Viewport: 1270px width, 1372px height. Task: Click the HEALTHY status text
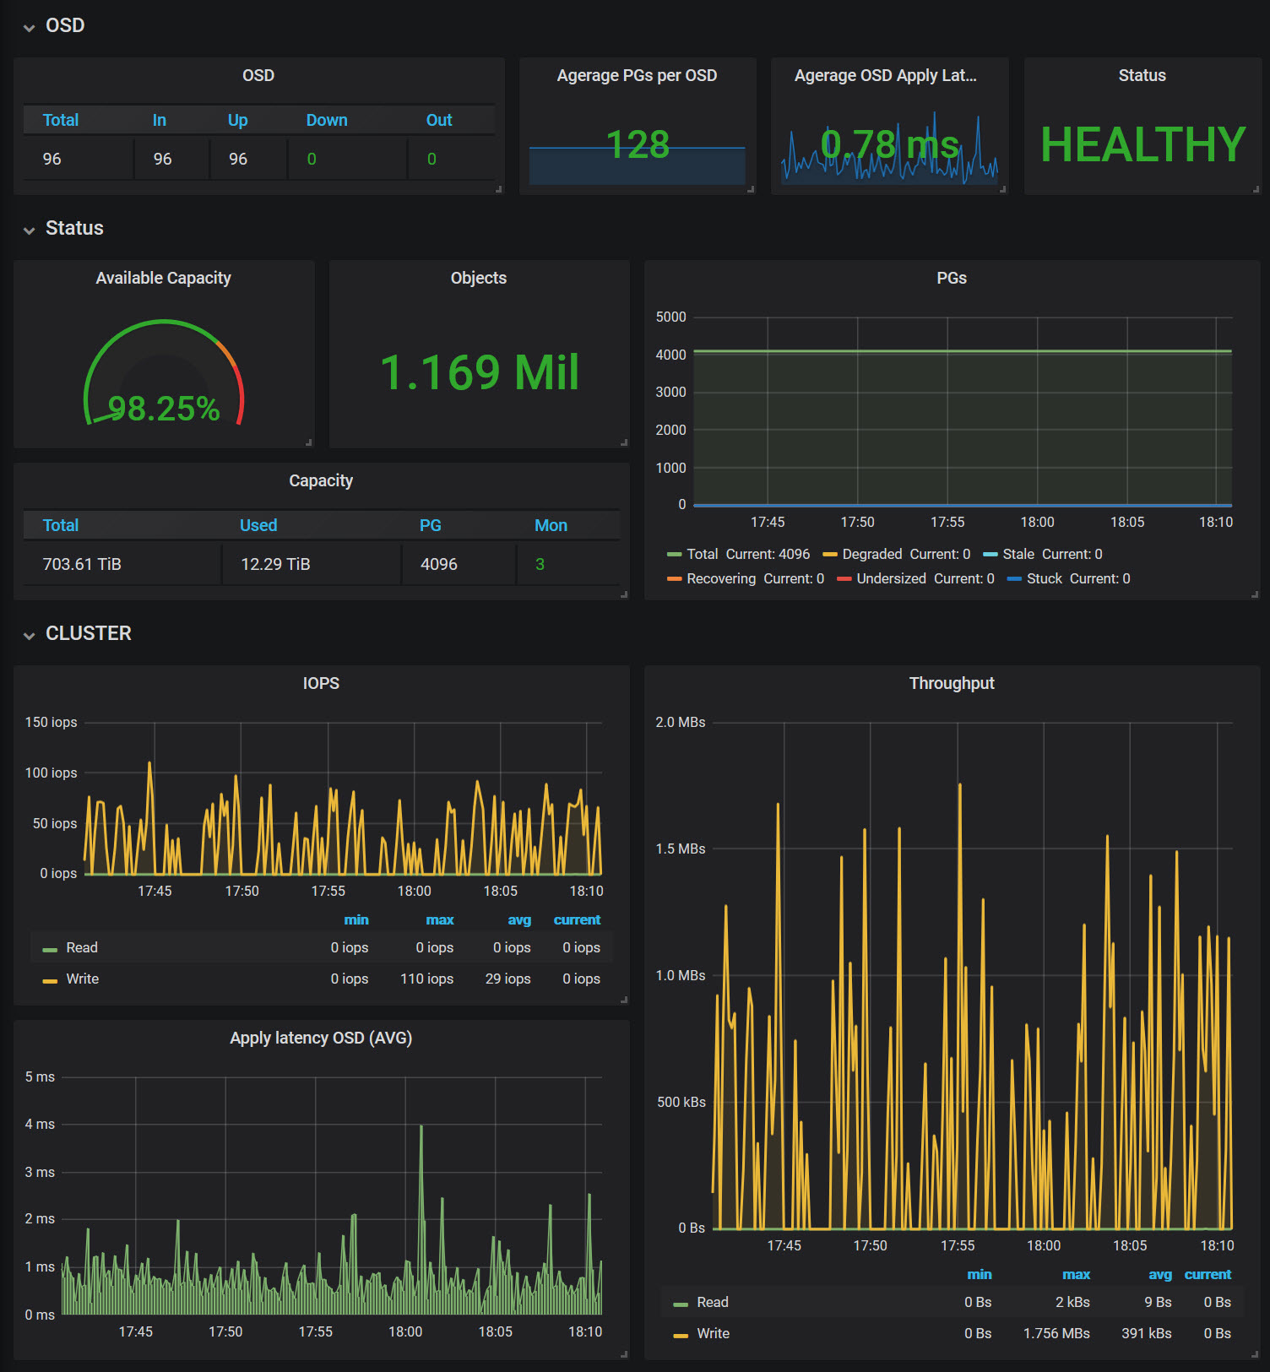click(x=1142, y=144)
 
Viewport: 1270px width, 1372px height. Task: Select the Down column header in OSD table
click(x=327, y=120)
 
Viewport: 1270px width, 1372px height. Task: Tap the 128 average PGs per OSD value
click(x=638, y=144)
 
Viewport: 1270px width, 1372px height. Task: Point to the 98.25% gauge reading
click(x=164, y=409)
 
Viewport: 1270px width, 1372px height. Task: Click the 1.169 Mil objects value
click(x=480, y=372)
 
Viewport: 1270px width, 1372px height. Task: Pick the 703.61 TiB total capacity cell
click(x=82, y=564)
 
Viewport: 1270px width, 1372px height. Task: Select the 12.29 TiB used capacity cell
click(x=275, y=564)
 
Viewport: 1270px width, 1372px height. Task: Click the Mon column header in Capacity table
click(x=551, y=525)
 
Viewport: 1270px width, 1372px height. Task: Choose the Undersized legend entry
click(x=915, y=578)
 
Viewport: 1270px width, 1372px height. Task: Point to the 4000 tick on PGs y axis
click(x=670, y=355)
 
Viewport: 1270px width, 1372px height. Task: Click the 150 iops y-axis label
click(x=51, y=722)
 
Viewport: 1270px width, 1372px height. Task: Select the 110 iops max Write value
click(x=426, y=979)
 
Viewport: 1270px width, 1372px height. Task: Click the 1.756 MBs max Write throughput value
click(x=1056, y=1333)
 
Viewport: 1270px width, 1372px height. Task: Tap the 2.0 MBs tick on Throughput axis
click(x=680, y=722)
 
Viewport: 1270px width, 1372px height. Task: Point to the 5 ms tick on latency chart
click(x=40, y=1076)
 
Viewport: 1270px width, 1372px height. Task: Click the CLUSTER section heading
click(x=89, y=633)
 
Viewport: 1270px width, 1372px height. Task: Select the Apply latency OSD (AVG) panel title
click(x=321, y=1038)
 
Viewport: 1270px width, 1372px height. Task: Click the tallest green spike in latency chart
click(x=421, y=1126)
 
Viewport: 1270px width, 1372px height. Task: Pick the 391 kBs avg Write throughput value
click(x=1146, y=1333)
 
